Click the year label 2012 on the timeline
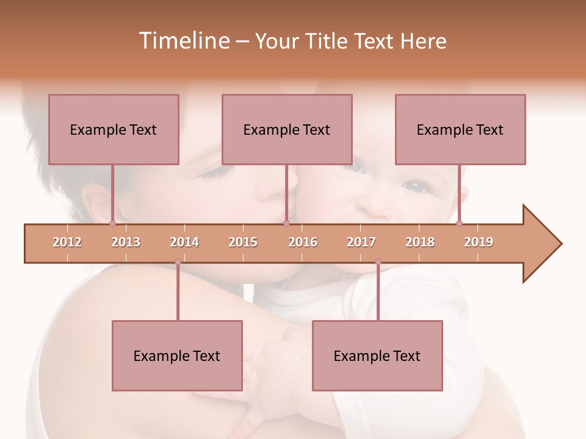coord(67,242)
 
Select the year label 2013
coord(126,242)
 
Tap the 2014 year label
coord(184,242)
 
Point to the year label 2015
coord(243,242)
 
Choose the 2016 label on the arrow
coord(303,242)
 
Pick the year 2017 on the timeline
coord(361,242)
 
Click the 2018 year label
coord(420,242)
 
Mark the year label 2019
coord(479,242)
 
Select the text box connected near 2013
coord(114,129)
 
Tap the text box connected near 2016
coord(287,129)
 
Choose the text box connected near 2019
coord(460,129)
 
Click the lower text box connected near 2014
coord(177,355)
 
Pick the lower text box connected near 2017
coord(377,355)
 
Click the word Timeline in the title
coord(183,41)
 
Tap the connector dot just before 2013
coord(112,223)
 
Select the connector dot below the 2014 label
coord(178,262)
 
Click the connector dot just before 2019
coord(459,223)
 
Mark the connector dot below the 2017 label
coord(378,262)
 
